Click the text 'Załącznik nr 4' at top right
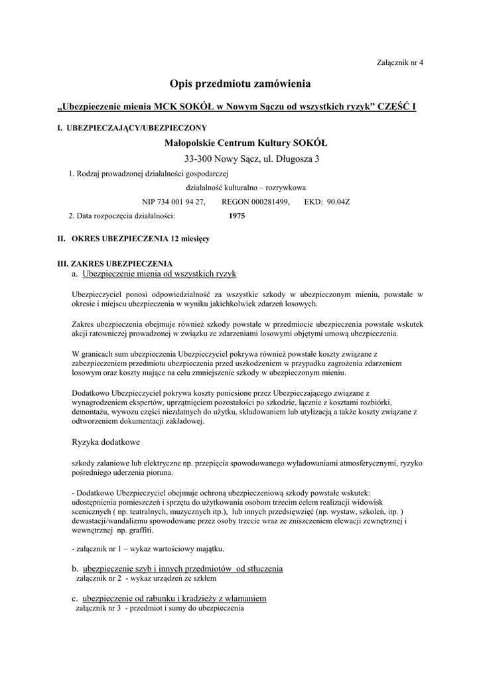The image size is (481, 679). (x=399, y=62)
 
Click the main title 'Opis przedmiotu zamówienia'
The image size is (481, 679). (x=240, y=84)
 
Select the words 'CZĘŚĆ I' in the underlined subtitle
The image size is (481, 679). (x=397, y=107)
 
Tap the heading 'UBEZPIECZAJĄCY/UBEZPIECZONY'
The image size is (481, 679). (x=137, y=128)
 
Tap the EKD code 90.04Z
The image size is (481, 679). (x=339, y=202)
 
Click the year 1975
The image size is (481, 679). (x=236, y=216)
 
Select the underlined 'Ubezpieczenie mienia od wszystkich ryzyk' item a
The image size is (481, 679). (x=159, y=273)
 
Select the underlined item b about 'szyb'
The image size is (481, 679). (x=182, y=568)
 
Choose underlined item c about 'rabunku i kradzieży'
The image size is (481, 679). (x=174, y=598)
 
